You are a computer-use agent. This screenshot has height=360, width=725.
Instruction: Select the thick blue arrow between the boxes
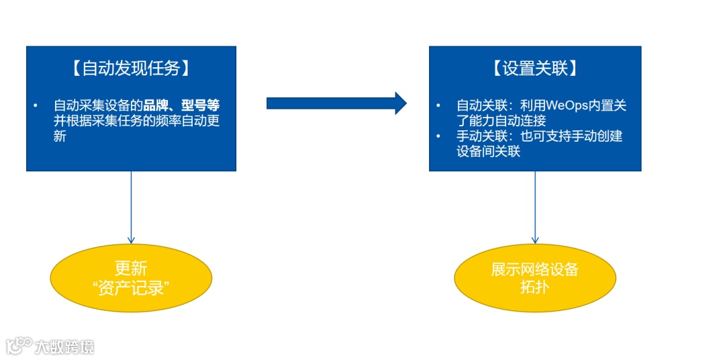[x=336, y=103]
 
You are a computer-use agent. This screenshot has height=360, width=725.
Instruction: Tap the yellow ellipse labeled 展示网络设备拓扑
[x=535, y=278]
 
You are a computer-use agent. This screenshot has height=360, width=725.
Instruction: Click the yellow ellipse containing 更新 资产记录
[x=132, y=278]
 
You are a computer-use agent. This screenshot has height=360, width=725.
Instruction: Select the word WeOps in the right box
[x=566, y=105]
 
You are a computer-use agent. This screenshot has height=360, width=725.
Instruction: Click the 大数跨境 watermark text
[x=64, y=347]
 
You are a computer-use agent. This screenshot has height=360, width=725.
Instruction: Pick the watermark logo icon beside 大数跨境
[x=19, y=345]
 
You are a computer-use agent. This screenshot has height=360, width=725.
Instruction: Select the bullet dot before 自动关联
[x=438, y=106]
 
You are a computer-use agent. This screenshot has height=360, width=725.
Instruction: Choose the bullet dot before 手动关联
[x=438, y=136]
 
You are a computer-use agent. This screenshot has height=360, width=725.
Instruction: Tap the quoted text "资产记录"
[x=132, y=288]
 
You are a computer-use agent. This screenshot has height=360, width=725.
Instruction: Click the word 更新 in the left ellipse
[x=132, y=269]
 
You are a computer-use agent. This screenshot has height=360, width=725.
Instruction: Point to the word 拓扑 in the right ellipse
[x=535, y=287]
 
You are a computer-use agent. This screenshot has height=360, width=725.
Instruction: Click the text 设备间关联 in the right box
[x=489, y=151]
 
